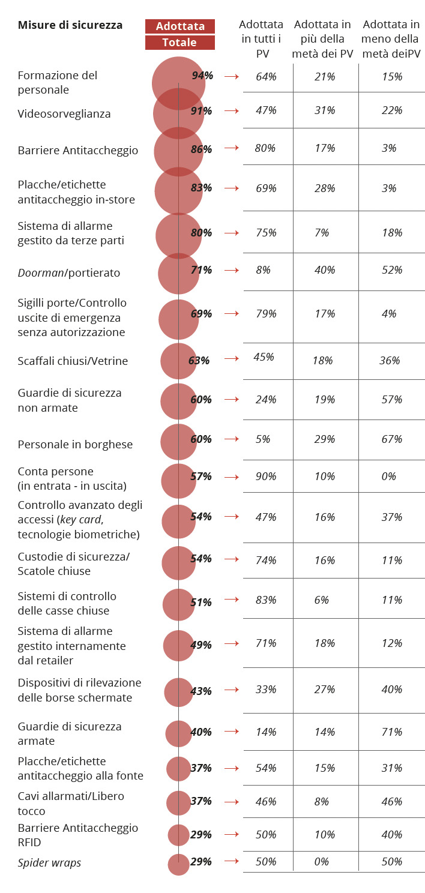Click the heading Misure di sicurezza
(x=70, y=25)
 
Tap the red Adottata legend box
(x=180, y=26)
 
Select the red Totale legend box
(x=180, y=43)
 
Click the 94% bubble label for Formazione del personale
(x=202, y=76)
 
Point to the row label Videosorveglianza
(x=64, y=114)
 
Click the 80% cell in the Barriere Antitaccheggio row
(x=265, y=148)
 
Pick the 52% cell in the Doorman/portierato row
(x=391, y=270)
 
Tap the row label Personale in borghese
(x=75, y=445)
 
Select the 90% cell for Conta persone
(x=265, y=477)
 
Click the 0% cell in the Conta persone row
(x=389, y=477)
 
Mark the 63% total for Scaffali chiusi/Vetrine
(x=199, y=361)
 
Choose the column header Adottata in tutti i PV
(x=261, y=39)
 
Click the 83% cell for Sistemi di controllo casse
(x=265, y=600)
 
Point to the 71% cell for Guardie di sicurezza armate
(x=391, y=732)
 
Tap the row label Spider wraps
(x=49, y=863)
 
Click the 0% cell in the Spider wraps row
(x=322, y=862)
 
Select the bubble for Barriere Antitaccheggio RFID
(x=178, y=835)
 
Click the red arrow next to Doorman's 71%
(x=231, y=271)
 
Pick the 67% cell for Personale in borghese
(x=391, y=439)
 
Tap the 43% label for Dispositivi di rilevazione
(x=200, y=691)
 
